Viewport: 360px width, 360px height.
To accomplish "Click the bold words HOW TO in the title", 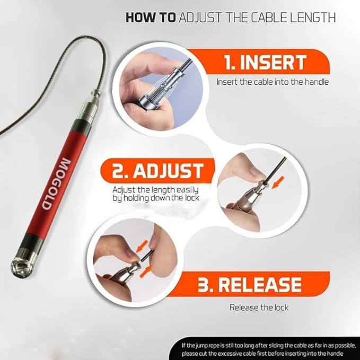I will [151, 17].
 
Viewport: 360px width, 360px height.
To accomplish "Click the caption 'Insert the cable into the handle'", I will [272, 82].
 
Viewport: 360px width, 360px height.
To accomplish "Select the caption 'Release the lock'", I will [259, 307].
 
